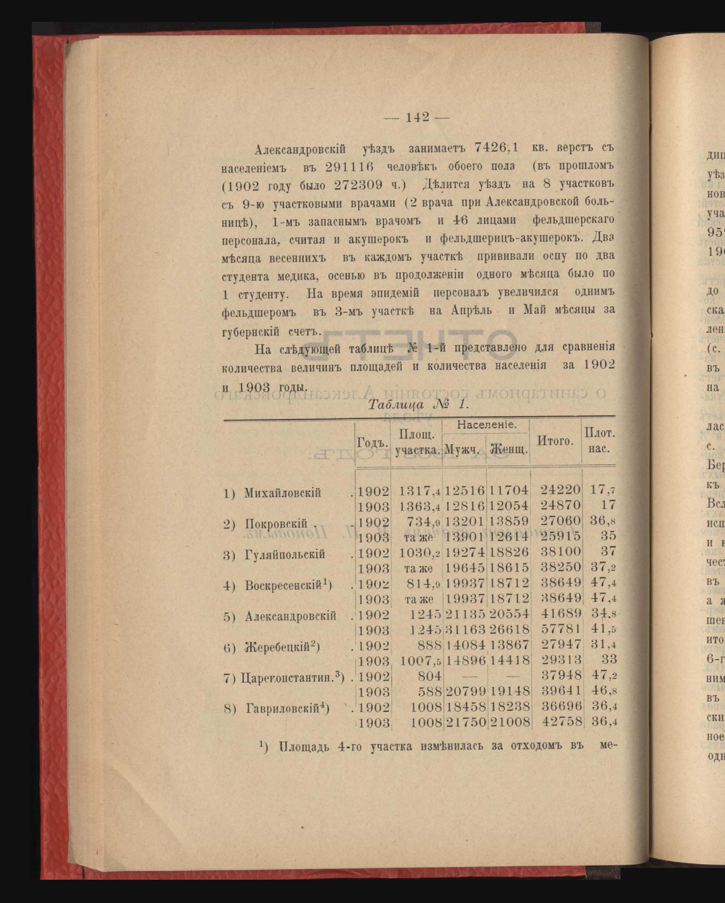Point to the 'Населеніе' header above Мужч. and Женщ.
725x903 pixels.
486,425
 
